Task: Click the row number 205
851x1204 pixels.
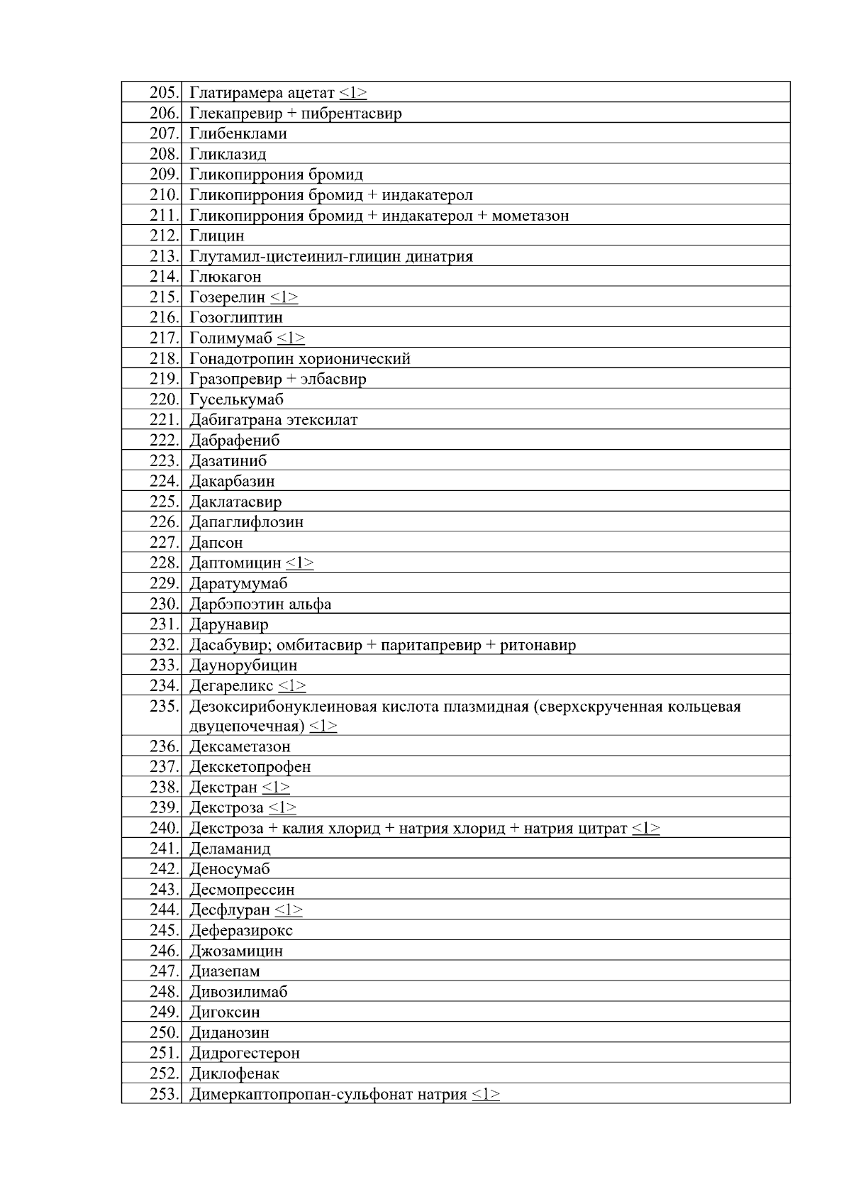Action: tap(165, 93)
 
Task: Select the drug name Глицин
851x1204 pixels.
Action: tap(217, 236)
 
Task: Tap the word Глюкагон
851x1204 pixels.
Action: tap(226, 277)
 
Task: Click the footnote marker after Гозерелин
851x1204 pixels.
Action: tap(284, 297)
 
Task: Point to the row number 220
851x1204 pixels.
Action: tap(165, 399)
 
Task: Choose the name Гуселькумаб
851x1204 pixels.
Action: tap(236, 399)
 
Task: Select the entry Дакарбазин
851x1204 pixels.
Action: tap(232, 481)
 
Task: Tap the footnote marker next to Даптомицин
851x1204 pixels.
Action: tap(300, 563)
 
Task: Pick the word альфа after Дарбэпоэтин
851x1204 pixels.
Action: tap(310, 604)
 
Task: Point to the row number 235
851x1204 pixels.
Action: tap(165, 707)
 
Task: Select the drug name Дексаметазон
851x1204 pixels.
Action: tap(240, 746)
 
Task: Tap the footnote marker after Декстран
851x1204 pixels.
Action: tap(276, 788)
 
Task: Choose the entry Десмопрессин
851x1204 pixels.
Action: tap(242, 890)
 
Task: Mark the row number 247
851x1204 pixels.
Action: tap(165, 971)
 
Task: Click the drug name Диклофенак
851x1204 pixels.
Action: tap(234, 1073)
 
